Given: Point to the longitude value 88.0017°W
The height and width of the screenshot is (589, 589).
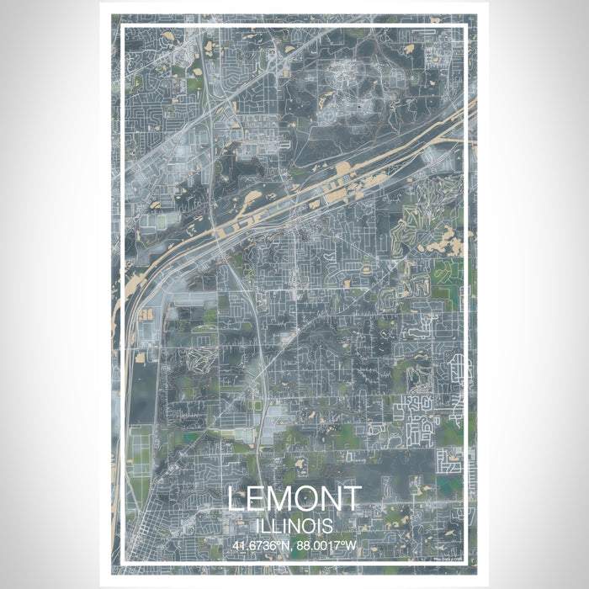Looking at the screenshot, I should tap(326, 544).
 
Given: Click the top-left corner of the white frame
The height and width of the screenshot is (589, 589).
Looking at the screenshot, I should tap(123, 26).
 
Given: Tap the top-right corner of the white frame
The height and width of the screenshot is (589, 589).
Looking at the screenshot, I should tap(466, 26).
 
